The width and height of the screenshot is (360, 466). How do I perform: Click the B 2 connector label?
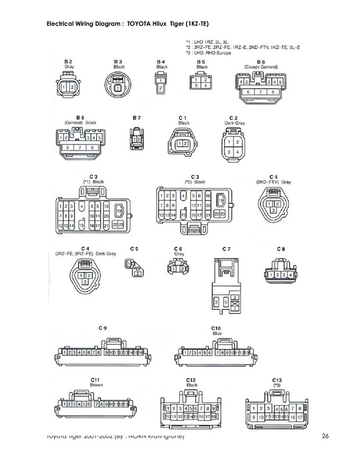click(x=68, y=61)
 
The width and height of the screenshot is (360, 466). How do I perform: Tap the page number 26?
click(x=324, y=437)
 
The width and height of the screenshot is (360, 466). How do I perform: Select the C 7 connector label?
click(x=226, y=249)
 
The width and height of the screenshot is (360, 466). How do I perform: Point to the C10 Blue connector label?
click(x=216, y=329)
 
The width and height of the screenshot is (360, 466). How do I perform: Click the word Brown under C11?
click(x=96, y=385)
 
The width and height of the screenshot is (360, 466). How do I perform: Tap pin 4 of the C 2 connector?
click(x=237, y=152)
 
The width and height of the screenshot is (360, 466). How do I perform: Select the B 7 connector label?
click(x=136, y=118)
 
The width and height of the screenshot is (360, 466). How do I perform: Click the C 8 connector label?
click(x=281, y=249)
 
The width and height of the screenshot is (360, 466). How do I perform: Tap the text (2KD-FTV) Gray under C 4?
click(x=273, y=182)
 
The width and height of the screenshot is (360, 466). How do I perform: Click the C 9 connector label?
click(x=103, y=329)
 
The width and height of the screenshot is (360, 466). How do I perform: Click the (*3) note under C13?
click(x=277, y=385)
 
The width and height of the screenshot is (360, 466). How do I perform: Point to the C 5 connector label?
click(x=135, y=249)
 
